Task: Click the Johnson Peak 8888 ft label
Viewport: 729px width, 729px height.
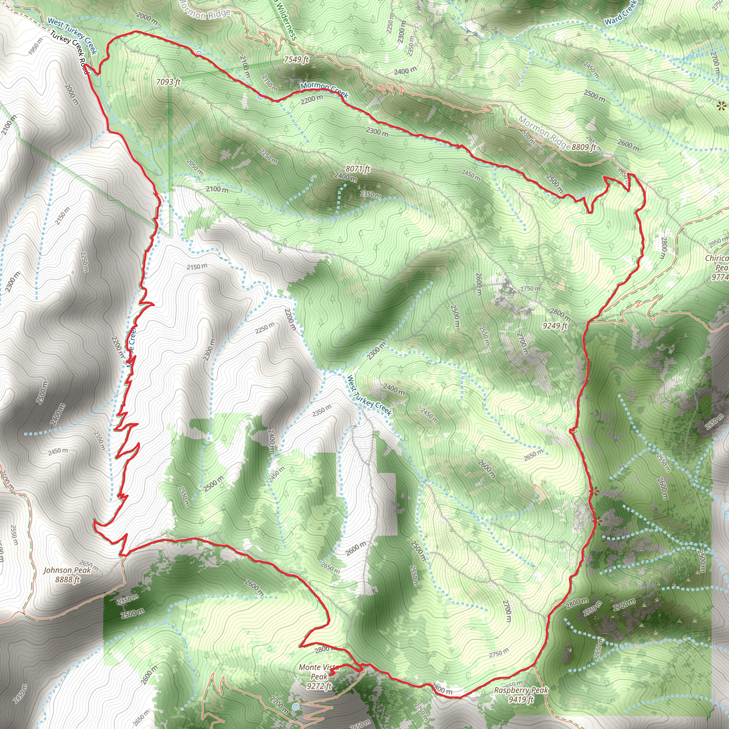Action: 67,575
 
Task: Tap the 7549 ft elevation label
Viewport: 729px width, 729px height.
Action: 296,59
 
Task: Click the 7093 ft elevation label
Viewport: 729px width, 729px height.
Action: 168,82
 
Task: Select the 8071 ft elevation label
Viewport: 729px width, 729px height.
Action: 358,169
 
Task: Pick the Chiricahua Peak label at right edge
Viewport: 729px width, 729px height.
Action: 717,268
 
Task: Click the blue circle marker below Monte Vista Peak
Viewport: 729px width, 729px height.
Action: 296,706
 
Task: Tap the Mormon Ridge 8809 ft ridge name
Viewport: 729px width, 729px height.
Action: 543,132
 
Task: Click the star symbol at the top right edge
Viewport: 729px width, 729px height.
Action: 722,106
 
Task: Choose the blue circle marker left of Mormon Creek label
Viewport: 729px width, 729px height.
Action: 260,97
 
